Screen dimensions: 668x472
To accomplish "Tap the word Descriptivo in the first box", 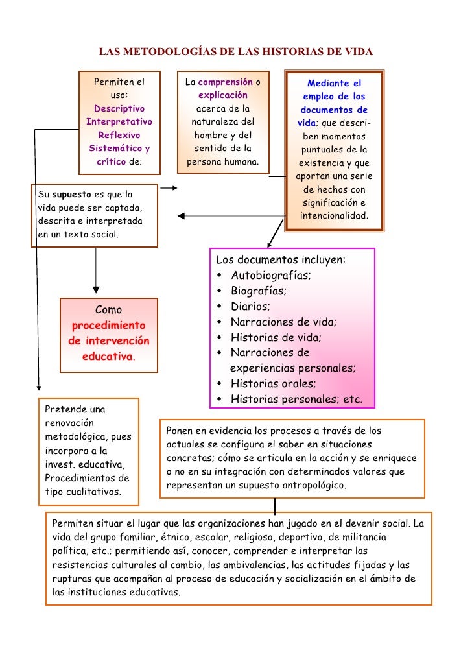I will pyautogui.click(x=119, y=109).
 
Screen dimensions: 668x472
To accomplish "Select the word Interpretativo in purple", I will pyautogui.click(x=119, y=122).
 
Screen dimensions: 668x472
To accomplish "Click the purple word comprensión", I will pyautogui.click(x=226, y=82).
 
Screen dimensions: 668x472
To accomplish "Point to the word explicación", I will pyautogui.click(x=223, y=95).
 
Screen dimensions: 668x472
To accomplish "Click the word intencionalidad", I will pyautogui.click(x=334, y=215).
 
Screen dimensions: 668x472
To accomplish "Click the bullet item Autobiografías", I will pyautogui.click(x=271, y=276).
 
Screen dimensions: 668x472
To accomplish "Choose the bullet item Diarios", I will pyautogui.click(x=251, y=307).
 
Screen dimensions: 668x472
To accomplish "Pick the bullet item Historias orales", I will pyautogui.click(x=273, y=383).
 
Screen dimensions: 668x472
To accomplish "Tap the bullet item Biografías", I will pyautogui.click(x=259, y=291).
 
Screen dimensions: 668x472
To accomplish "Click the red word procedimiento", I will pyautogui.click(x=109, y=325).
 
